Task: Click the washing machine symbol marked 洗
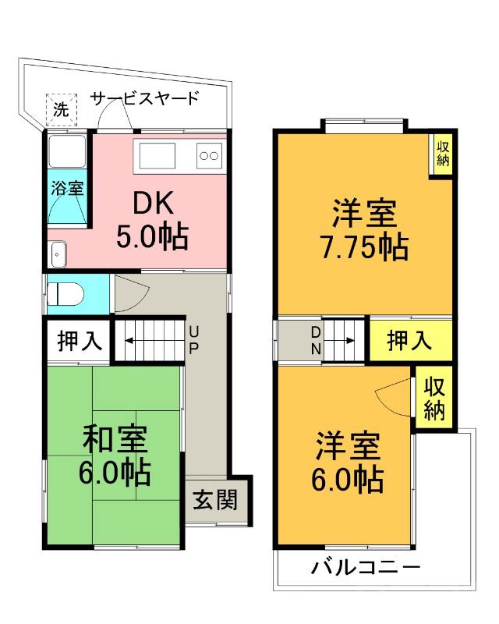[60, 108]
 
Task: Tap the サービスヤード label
[144, 98]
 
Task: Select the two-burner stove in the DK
[209, 155]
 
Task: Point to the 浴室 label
[67, 187]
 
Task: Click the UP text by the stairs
[193, 340]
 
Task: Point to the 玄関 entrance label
[215, 500]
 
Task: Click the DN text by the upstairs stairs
[317, 341]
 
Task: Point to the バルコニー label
[366, 566]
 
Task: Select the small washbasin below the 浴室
[59, 252]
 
